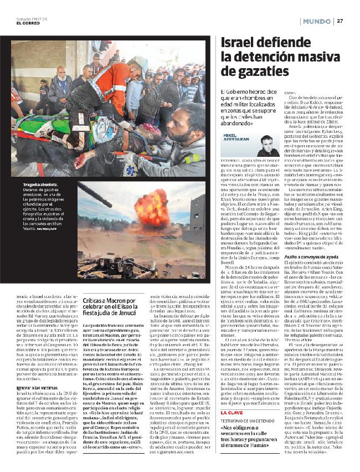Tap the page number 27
[x=341, y=20]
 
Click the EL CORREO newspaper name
[x=27, y=23]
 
